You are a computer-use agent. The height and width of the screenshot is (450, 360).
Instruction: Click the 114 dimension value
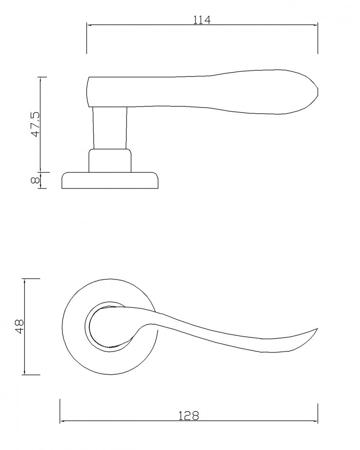(x=201, y=20)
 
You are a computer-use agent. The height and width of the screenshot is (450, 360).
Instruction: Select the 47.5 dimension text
(x=35, y=124)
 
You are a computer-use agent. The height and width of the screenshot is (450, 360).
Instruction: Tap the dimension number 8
(x=35, y=180)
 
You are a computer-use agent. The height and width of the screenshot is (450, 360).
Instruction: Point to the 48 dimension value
(x=20, y=326)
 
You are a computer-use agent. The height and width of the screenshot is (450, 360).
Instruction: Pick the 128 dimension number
(x=189, y=415)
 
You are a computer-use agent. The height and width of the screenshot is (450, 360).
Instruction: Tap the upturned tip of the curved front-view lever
(x=317, y=328)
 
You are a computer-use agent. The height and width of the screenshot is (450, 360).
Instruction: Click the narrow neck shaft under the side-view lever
(x=110, y=128)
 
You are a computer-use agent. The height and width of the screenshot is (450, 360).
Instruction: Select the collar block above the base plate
(x=110, y=161)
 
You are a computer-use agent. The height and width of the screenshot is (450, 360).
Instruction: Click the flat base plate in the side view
(x=110, y=180)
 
